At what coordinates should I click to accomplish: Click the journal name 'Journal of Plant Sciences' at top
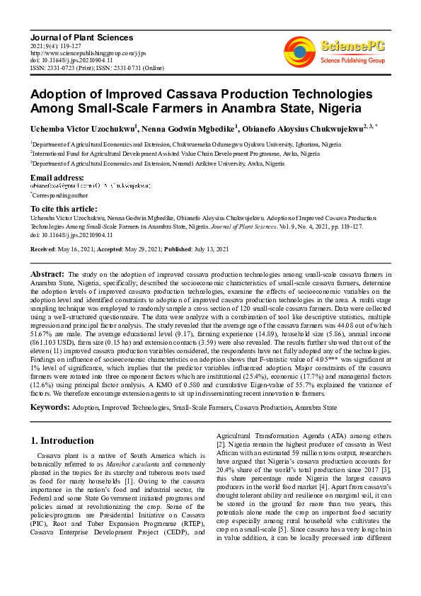click(81, 37)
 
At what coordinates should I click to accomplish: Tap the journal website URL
click(88, 52)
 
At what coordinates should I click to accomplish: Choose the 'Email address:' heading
click(57, 177)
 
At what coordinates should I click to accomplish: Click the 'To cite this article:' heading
click(64, 209)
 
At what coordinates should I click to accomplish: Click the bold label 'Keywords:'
click(50, 408)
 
